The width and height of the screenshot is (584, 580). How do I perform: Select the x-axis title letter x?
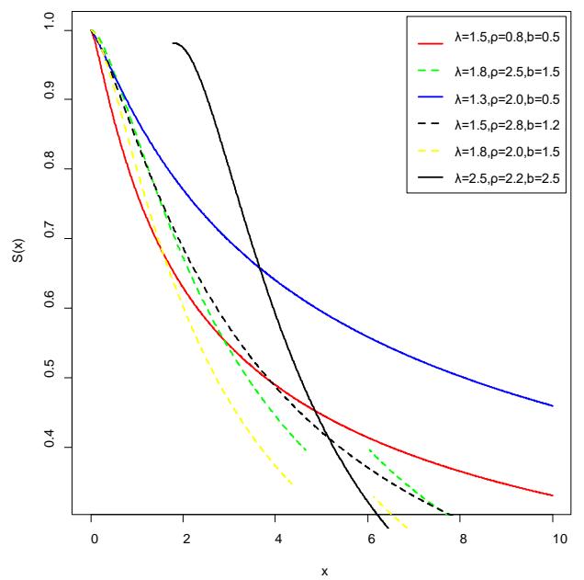pyautogui.click(x=323, y=570)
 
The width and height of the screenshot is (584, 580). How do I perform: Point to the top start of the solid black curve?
pyautogui.click(x=174, y=43)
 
